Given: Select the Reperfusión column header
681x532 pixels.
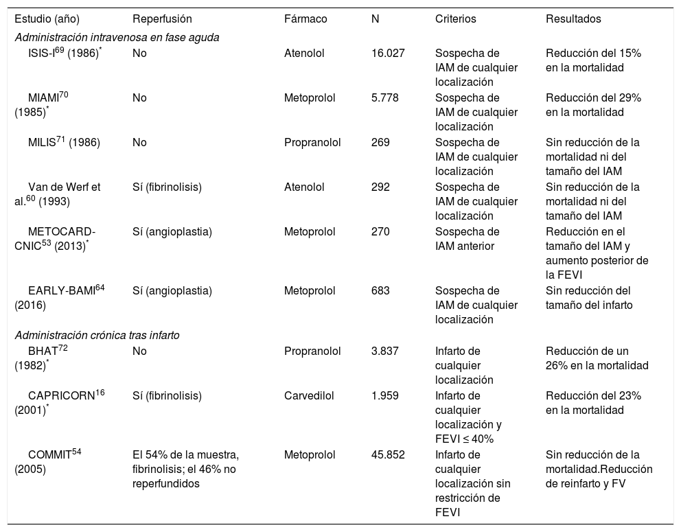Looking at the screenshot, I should point(162,19).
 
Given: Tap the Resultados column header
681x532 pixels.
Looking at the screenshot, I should point(573,19).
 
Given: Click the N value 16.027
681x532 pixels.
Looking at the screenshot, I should point(387,54).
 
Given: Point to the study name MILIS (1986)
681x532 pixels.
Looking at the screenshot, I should point(64,142).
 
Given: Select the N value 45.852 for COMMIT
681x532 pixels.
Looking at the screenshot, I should point(387,454).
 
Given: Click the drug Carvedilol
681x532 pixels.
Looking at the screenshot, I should point(307,395).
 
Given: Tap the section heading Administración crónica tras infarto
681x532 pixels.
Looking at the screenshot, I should point(100,335).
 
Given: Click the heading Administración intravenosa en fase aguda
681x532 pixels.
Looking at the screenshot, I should point(117,37).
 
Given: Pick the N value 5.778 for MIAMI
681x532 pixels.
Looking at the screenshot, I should point(384,97).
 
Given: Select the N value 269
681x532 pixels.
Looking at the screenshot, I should point(380,142).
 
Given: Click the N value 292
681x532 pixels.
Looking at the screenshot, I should point(380,187).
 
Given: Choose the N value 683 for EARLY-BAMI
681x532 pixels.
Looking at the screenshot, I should point(380,290).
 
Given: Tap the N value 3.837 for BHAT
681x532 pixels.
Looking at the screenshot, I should point(384,351).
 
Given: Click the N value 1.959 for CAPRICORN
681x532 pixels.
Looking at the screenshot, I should point(384,395).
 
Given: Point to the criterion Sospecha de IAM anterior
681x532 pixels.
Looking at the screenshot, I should point(468,238).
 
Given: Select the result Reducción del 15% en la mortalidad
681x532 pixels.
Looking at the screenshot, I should point(593,60).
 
